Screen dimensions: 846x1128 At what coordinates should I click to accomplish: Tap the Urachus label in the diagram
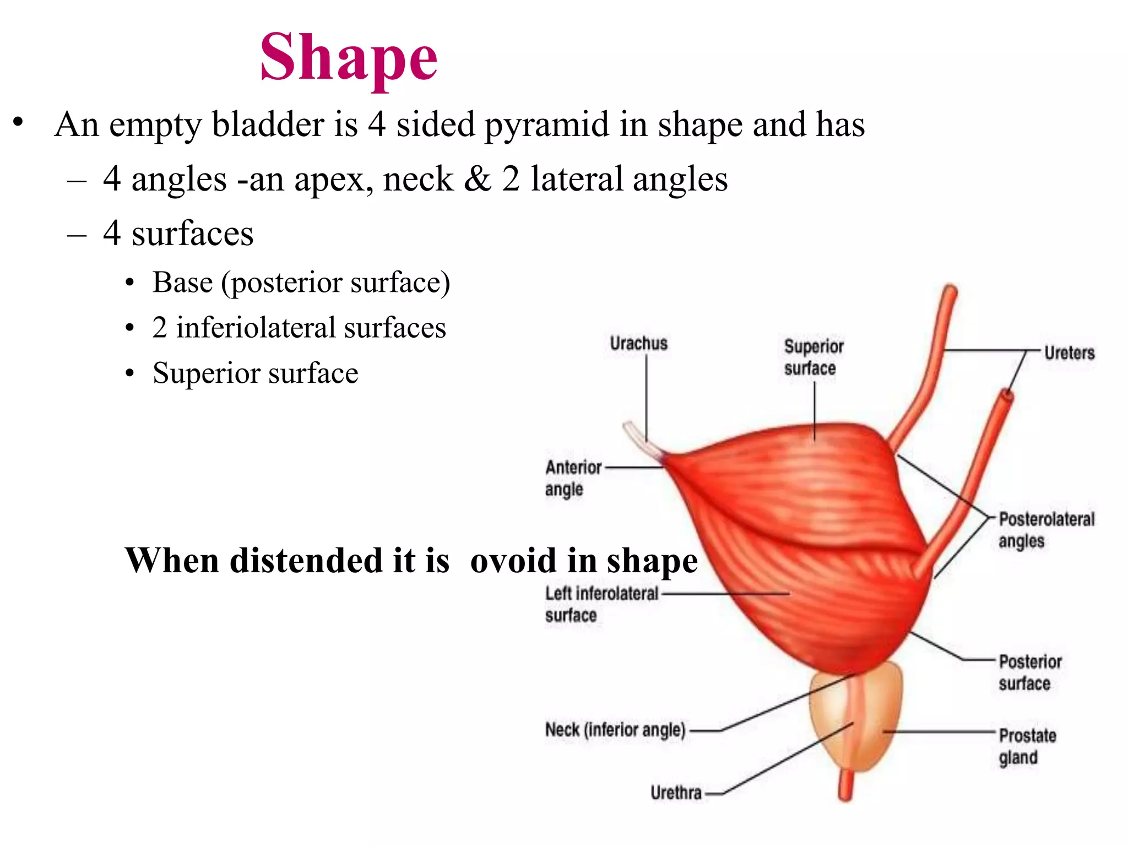click(638, 344)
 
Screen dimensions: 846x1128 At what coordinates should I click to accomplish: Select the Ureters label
click(1069, 353)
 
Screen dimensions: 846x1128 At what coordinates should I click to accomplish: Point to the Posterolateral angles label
click(1046, 530)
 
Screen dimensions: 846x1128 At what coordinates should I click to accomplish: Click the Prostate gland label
click(1027, 746)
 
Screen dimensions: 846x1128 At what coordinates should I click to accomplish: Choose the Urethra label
click(676, 793)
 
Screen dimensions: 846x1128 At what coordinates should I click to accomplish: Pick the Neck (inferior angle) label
click(615, 730)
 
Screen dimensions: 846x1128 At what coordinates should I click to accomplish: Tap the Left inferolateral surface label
click(601, 604)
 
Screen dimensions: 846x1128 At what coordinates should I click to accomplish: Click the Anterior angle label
click(573, 478)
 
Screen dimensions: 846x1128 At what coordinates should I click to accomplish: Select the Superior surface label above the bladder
click(813, 357)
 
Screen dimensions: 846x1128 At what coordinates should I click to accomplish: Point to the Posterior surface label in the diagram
click(1029, 672)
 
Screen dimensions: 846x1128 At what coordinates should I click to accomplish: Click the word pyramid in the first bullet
click(546, 125)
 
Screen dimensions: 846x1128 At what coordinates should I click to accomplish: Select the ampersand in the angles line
click(477, 179)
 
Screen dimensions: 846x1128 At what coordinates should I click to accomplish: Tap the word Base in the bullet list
click(182, 283)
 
